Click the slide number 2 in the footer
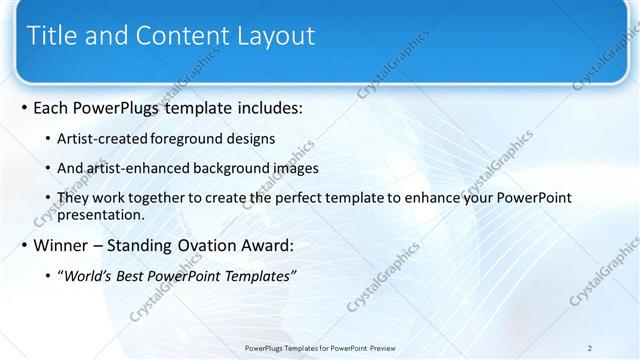(x=590, y=348)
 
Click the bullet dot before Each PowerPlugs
(x=24, y=108)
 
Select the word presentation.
(x=103, y=214)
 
